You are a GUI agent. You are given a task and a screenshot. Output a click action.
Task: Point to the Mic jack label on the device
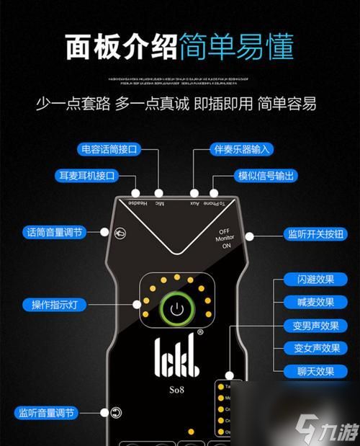tap(158, 205)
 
